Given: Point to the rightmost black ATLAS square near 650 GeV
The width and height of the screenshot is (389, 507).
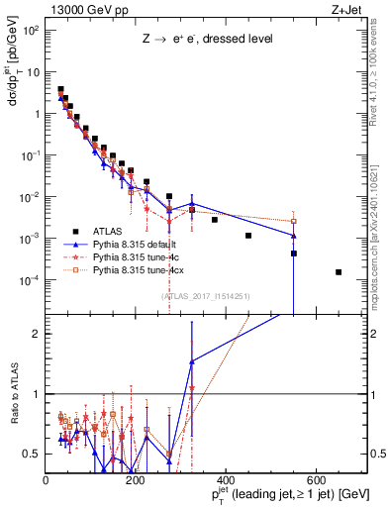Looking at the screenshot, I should click(x=339, y=272).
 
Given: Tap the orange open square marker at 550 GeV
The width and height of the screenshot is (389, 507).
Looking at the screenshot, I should click(x=294, y=221).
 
